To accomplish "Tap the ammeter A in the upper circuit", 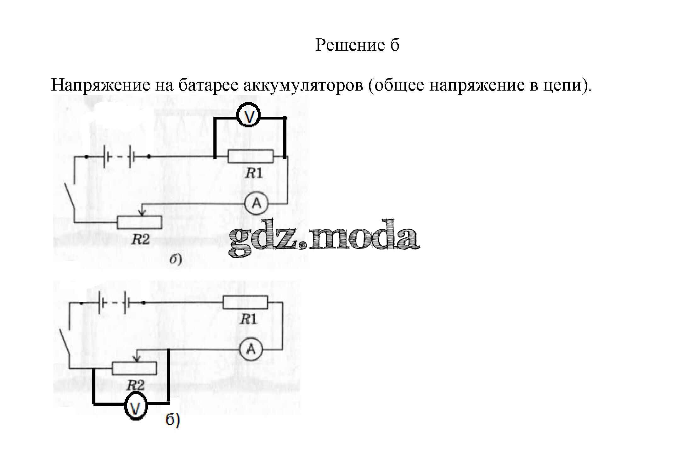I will pyautogui.click(x=257, y=204).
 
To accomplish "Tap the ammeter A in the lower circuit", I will pyautogui.click(x=251, y=349).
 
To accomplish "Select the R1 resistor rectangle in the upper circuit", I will pyautogui.click(x=251, y=157).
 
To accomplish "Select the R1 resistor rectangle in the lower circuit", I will pyautogui.click(x=245, y=303).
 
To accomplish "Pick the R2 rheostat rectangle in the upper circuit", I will pyautogui.click(x=140, y=222).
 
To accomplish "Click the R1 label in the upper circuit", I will pyautogui.click(x=254, y=173).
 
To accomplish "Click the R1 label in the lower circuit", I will pyautogui.click(x=248, y=320).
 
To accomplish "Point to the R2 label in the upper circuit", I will pyautogui.click(x=140, y=240).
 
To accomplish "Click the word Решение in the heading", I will pyautogui.click(x=350, y=45).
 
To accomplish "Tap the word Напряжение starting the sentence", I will pyautogui.click(x=100, y=85).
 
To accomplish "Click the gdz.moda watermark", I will pyautogui.click(x=324, y=238).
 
